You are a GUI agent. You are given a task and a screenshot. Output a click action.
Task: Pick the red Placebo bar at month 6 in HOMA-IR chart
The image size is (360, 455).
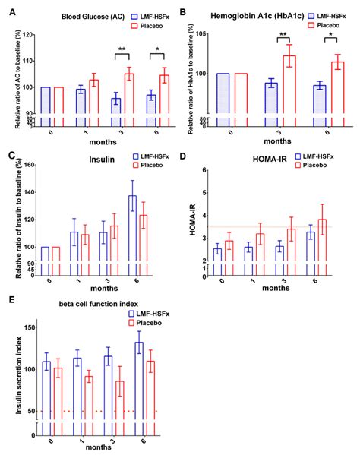tap(322, 242)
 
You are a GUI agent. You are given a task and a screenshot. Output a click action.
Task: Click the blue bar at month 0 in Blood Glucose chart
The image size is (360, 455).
tap(46, 106)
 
